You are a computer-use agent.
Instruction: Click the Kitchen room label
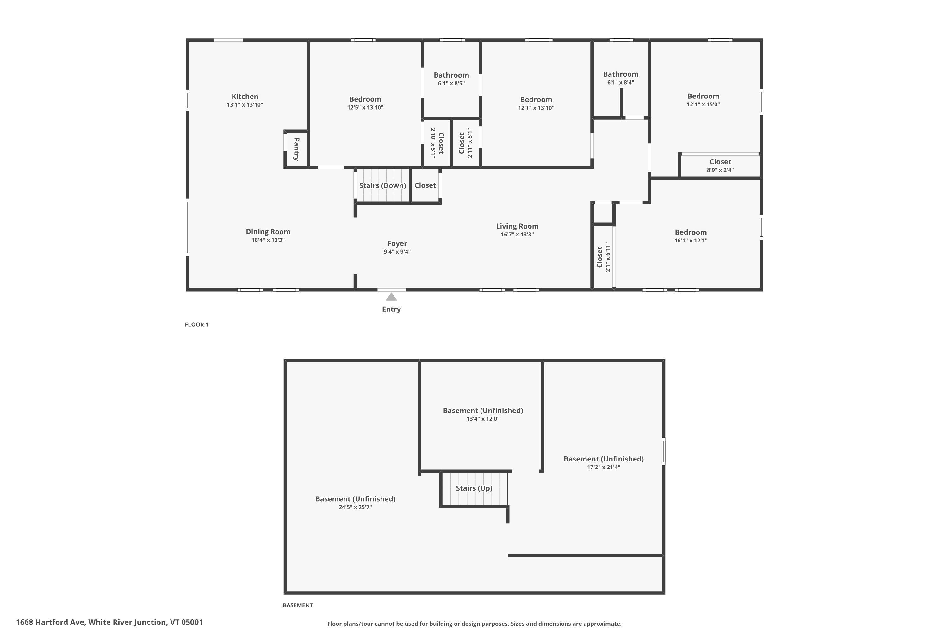(x=245, y=97)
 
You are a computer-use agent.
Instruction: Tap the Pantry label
(x=297, y=149)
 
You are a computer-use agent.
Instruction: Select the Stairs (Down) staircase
(x=382, y=185)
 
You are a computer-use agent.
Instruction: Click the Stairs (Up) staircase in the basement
(x=475, y=488)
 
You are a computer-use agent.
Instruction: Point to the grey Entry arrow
(x=391, y=297)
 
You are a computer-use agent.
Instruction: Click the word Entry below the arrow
(x=391, y=309)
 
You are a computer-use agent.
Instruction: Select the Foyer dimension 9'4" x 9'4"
(x=397, y=252)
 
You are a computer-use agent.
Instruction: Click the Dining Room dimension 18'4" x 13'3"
(x=268, y=240)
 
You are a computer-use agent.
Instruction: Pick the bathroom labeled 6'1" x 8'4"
(x=621, y=79)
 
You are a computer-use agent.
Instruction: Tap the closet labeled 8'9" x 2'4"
(x=720, y=166)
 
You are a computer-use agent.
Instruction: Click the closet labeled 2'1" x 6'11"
(x=603, y=257)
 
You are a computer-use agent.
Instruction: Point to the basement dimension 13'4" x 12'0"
(x=483, y=419)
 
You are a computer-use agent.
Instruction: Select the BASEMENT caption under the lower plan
(x=298, y=605)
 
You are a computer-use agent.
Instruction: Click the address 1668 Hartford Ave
(x=50, y=622)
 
